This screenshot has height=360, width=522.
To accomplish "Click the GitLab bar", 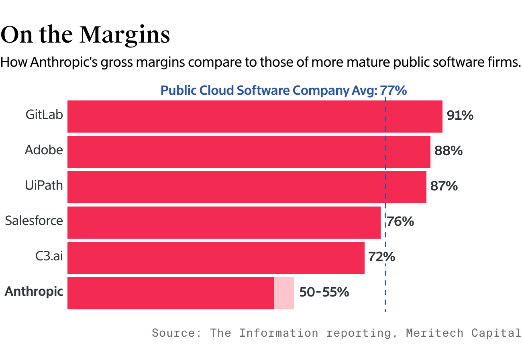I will [x=255, y=117].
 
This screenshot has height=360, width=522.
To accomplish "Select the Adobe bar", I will [x=249, y=152].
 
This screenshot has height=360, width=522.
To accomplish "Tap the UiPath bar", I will [x=247, y=187].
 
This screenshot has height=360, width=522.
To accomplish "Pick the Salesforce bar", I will [x=224, y=223].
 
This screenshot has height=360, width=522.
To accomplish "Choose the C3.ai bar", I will [x=216, y=258].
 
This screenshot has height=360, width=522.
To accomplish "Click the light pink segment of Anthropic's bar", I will [x=284, y=293].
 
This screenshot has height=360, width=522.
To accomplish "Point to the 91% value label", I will [x=460, y=116].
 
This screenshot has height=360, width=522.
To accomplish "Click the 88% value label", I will [x=449, y=151].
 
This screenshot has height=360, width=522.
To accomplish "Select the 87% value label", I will [x=444, y=186].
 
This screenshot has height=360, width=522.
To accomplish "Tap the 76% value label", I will [x=400, y=222].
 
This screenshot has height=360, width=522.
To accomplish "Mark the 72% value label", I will [x=382, y=257].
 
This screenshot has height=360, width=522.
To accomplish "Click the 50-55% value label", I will [x=324, y=292].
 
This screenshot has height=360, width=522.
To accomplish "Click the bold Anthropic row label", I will [x=34, y=292].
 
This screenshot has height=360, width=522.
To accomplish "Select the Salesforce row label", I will [x=34, y=221].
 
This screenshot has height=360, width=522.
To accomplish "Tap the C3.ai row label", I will [x=49, y=256].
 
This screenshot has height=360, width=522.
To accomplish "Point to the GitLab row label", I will [x=44, y=115].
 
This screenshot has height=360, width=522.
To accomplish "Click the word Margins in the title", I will [x=125, y=35].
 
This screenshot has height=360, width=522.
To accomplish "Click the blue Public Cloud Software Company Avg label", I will [x=283, y=91].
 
